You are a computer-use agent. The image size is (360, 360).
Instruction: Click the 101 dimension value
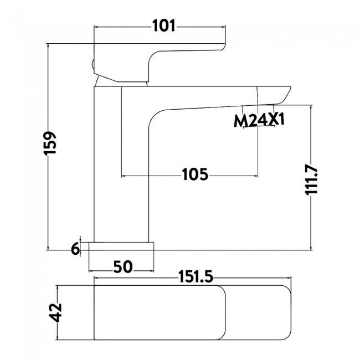[x=163, y=25]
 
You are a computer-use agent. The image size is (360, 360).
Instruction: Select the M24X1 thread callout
[x=259, y=120]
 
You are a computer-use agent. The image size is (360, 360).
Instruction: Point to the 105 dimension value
[x=195, y=175]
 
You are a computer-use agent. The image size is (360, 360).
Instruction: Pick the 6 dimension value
[x=75, y=249]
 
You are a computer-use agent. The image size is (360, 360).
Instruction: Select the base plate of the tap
[x=122, y=245]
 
